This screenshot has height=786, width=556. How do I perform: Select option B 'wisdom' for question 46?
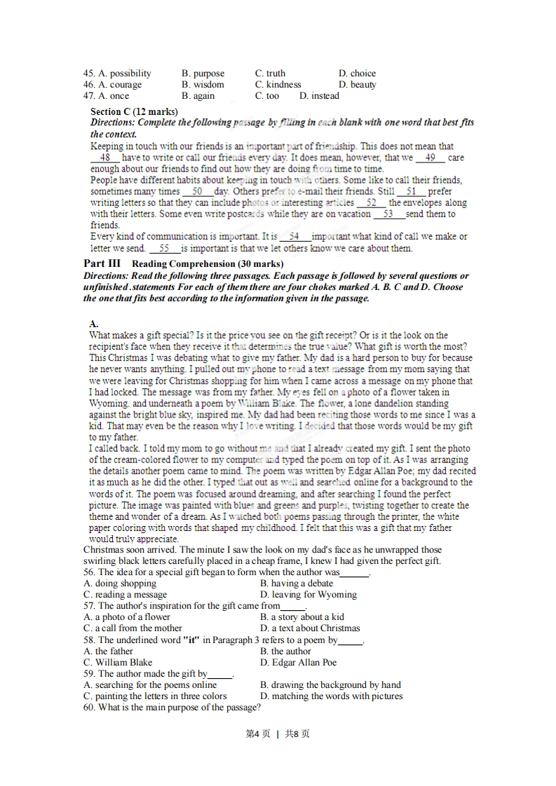point(203,85)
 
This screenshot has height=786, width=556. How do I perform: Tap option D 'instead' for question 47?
point(319,96)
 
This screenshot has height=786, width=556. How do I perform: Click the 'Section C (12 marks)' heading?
point(134,112)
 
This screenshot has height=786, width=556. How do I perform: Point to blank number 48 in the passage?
point(105,158)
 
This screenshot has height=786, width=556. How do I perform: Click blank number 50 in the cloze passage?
point(197,191)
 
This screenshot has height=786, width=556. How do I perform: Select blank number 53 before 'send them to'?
point(388,214)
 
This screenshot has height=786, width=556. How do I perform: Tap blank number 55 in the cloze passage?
point(165,248)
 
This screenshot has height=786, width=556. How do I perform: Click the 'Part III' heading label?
point(102,263)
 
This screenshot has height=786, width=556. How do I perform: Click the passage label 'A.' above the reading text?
point(94,324)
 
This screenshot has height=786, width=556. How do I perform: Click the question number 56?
point(89,572)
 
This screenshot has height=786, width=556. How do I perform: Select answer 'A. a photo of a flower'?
point(127,617)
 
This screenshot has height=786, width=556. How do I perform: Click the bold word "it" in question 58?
point(190,640)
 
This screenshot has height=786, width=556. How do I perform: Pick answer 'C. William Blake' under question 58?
point(118,663)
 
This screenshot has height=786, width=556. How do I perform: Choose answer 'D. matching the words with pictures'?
point(331,696)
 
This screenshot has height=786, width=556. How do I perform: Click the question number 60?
point(89,708)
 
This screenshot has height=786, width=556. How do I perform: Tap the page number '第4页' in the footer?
point(258,734)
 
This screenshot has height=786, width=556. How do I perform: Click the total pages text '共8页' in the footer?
point(297,734)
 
